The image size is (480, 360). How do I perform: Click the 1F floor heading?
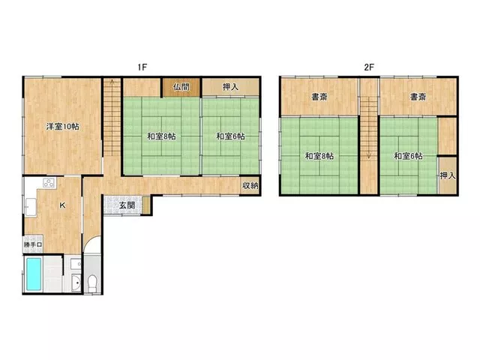pos(142,67)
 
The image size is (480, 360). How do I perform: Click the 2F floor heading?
pos(369,67)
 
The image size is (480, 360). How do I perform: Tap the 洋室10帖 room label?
pos(62,127)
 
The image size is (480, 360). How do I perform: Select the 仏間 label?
pos(181,87)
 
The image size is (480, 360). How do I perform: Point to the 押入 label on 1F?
pos(230,87)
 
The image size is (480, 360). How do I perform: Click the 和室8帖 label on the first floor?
pos(161,136)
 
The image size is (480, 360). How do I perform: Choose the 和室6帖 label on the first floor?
pos(230,136)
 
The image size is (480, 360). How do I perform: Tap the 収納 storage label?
pos(250,185)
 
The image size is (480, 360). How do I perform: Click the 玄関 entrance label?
pos(127,205)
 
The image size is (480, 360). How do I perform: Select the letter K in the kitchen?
pos(62,205)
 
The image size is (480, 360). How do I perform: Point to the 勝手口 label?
pos(33,245)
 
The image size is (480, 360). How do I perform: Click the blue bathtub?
pos(34,274)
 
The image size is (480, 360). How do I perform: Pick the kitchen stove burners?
pos(49,183)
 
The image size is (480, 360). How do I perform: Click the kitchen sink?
pos(31,207)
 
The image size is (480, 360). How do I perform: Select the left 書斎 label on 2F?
pos(319,97)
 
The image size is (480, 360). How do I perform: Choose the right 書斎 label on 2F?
pos(418,97)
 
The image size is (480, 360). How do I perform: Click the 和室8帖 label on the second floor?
pos(319,156)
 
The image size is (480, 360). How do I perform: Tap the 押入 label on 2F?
pos(448,175)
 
